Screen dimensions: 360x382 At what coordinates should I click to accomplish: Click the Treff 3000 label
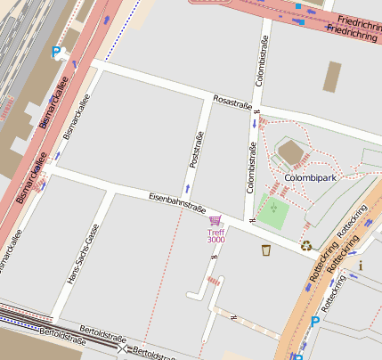[215, 235]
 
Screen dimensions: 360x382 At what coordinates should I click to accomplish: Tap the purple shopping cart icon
[214, 220]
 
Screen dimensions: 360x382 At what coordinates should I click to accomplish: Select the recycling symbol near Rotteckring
[306, 245]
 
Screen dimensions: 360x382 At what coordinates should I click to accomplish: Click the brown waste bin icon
[266, 250]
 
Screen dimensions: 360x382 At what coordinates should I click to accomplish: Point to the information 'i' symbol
[360, 265]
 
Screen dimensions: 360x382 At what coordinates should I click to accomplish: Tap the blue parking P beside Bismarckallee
[56, 53]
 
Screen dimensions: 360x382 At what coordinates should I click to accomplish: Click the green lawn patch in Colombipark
[274, 214]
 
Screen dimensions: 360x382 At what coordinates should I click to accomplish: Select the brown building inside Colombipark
[292, 153]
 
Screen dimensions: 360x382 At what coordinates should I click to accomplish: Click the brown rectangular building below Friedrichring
[334, 76]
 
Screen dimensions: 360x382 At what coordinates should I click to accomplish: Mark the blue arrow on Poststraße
[187, 189]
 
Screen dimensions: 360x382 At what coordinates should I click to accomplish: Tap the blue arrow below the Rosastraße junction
[254, 124]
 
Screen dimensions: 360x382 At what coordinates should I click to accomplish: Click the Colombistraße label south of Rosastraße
[251, 170]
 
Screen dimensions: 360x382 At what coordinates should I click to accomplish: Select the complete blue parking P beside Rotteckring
[314, 321]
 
